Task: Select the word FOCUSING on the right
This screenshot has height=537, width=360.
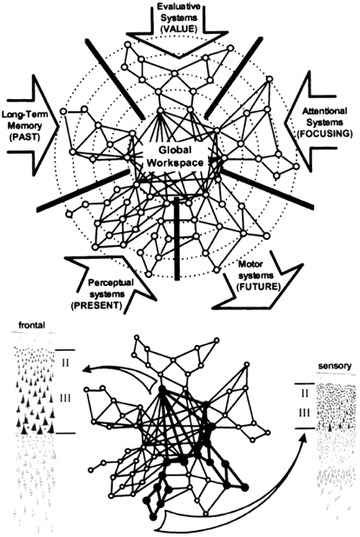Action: click(x=326, y=137)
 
